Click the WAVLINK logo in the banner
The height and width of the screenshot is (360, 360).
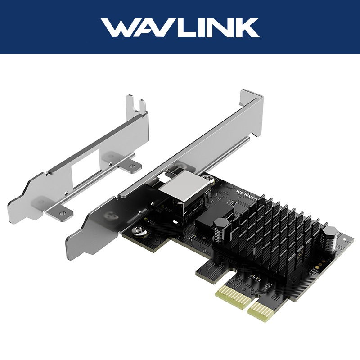pos(180,27)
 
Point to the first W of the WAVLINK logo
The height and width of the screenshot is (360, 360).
pos(118,27)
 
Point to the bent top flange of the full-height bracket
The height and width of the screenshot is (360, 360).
pos(252,99)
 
